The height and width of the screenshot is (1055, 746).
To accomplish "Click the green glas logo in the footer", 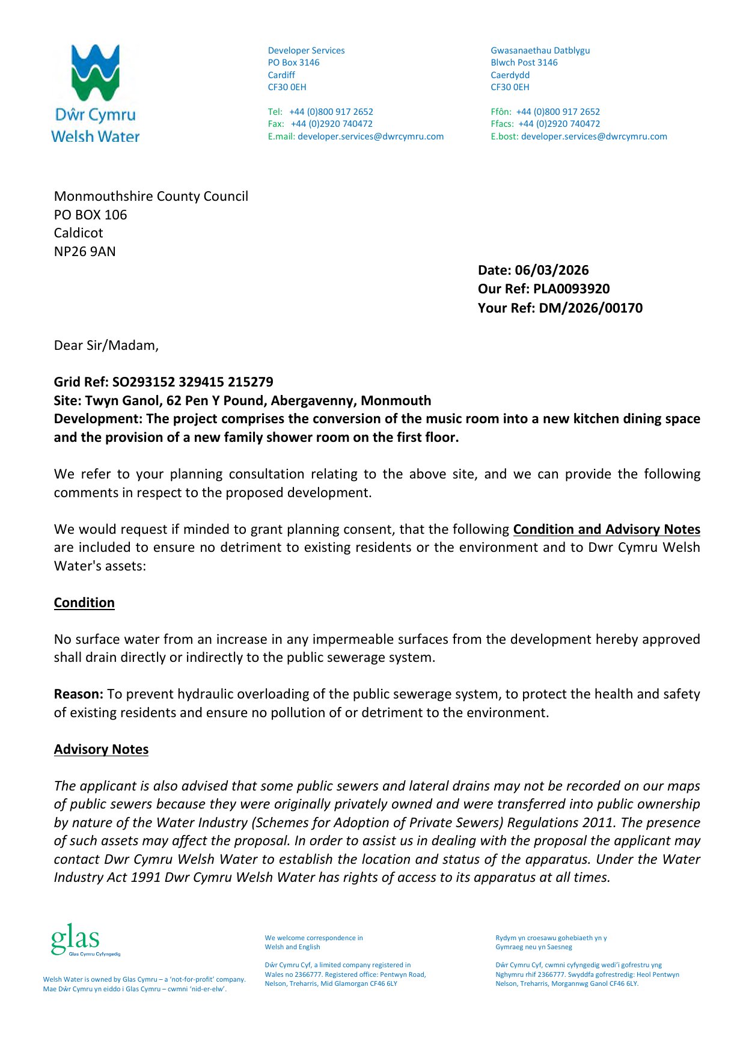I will pos(76,938).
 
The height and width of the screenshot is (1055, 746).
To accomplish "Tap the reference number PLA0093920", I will pos(571,289).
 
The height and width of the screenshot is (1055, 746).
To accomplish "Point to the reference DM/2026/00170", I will pos(590,308).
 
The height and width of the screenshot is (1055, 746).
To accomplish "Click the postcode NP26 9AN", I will pos(85,252).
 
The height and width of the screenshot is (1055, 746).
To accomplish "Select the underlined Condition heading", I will pos(84,603).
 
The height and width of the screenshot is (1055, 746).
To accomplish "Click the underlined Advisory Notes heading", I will pos(101,750).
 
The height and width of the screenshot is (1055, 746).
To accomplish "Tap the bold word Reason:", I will pos(79,694).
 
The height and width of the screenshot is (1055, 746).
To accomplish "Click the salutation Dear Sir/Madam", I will pos(106,346).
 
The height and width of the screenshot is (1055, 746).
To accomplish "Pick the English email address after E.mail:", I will pos(370,136).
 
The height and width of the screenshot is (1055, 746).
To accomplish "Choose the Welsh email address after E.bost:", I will pos(594,136).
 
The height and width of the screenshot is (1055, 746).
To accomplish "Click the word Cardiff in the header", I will pos(281,75).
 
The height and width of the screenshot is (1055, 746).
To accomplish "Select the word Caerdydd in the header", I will pos(510,75).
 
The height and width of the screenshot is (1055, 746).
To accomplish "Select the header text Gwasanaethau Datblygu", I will pos(540,50).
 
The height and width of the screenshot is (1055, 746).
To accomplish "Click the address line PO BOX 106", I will pos(90,215).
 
